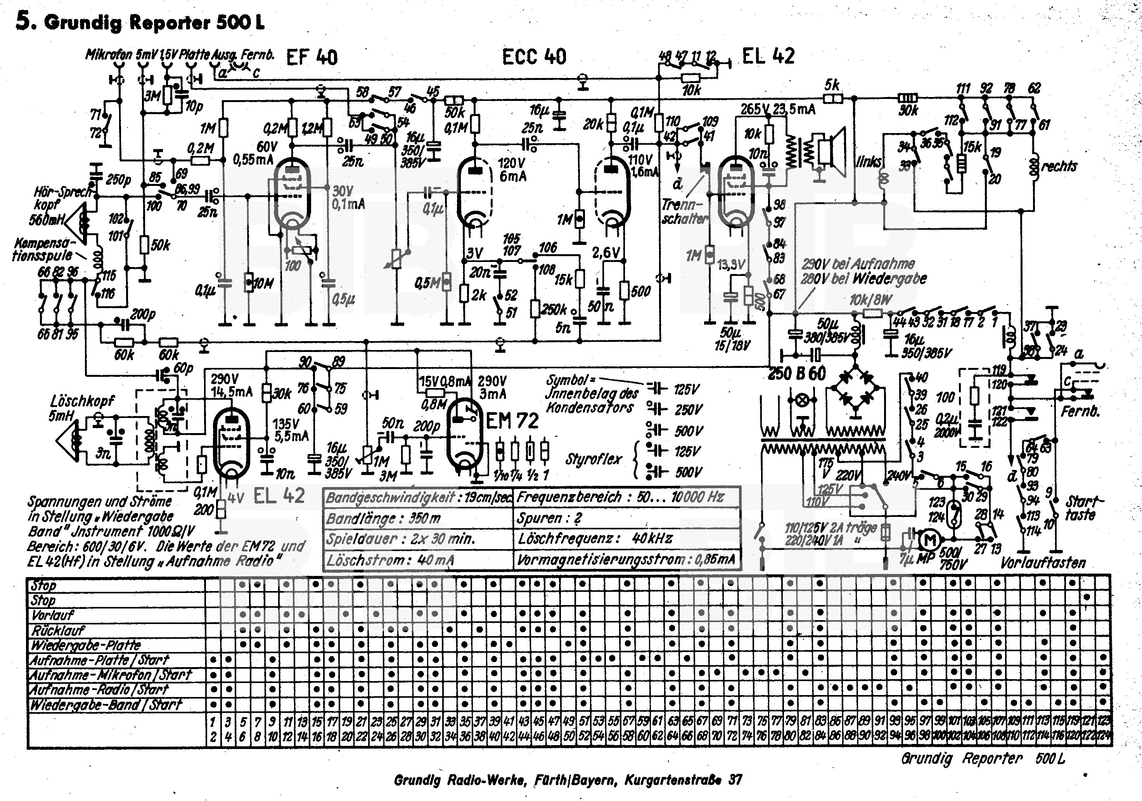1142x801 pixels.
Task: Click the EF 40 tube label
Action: coord(312,58)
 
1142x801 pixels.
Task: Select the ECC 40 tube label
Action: coord(534,57)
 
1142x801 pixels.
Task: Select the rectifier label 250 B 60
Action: coord(797,373)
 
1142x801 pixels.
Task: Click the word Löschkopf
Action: coord(82,401)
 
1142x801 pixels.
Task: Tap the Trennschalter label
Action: coord(683,212)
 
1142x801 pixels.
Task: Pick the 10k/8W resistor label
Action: coord(870,300)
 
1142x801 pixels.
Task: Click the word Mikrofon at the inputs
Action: coord(109,54)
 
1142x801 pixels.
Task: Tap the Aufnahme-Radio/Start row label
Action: coord(99,690)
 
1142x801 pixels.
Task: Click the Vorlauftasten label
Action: coord(1043,563)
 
